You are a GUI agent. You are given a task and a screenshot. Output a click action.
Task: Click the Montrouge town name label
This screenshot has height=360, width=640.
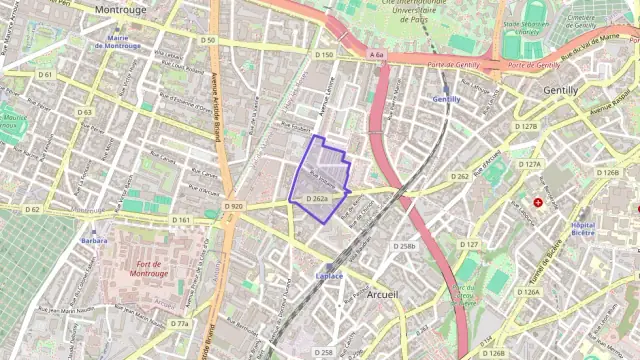(120, 8)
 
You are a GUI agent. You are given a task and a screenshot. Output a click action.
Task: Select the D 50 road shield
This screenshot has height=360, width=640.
(208, 40)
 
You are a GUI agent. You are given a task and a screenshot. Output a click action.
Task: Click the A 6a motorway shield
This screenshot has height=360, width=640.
(376, 55)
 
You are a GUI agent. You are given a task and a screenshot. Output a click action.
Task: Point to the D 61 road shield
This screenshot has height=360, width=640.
(45, 75)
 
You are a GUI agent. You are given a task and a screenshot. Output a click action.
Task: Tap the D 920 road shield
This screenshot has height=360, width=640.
(234, 206)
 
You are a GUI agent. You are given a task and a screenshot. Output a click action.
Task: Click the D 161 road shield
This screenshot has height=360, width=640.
(181, 220)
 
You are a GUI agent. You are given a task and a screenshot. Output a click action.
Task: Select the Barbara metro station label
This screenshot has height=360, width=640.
(95, 240)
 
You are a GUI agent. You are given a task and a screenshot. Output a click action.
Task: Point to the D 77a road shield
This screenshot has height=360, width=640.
(179, 323)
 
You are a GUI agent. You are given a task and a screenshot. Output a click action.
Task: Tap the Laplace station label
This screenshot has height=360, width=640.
(329, 275)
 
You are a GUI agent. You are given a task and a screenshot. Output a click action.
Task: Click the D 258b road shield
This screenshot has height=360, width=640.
(404, 246)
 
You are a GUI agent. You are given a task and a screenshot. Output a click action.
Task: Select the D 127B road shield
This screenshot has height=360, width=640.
(526, 127)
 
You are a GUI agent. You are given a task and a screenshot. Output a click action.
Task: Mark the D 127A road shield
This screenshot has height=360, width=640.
(528, 164)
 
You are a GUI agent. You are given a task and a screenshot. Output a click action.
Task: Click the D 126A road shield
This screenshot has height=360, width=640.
(528, 292)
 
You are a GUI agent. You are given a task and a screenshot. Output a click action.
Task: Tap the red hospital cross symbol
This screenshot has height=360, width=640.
(538, 202)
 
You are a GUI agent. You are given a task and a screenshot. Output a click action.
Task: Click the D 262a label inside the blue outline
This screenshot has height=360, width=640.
(317, 199)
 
